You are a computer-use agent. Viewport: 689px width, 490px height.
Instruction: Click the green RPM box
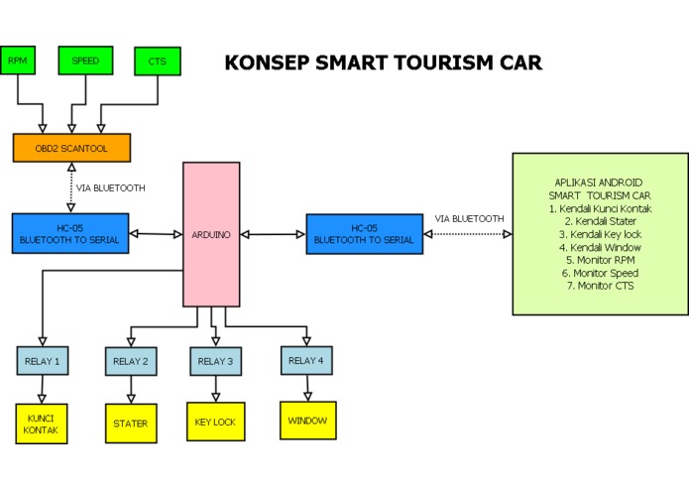coord(18,61)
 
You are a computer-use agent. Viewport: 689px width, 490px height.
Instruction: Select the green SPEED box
coord(85,61)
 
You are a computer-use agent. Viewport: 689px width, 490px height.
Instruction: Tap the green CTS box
coord(157,61)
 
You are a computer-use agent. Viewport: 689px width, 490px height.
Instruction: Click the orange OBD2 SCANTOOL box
coord(71,148)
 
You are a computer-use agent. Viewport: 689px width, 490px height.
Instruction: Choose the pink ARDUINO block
coord(210,234)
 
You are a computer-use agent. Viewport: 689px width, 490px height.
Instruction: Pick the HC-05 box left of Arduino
coord(70,233)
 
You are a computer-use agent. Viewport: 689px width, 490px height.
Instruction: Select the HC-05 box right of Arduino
coord(363,233)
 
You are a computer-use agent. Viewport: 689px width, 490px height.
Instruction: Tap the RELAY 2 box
coord(131,361)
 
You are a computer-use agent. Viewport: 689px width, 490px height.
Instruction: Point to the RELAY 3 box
coord(216,361)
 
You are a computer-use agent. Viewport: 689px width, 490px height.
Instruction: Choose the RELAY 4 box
coord(307,360)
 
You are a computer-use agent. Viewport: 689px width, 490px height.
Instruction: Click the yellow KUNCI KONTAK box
coord(42,424)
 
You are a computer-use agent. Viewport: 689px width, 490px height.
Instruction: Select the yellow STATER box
coord(131,424)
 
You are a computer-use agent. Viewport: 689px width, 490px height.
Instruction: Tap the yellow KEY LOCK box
coord(216,422)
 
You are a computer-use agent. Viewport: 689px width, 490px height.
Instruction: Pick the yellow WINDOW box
coord(308,420)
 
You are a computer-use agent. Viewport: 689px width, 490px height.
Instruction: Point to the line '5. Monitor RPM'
coord(600,260)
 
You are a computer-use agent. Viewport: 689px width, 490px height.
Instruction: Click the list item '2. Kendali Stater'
coord(600,221)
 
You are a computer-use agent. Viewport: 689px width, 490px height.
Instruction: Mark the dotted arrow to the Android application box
coord(467,234)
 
